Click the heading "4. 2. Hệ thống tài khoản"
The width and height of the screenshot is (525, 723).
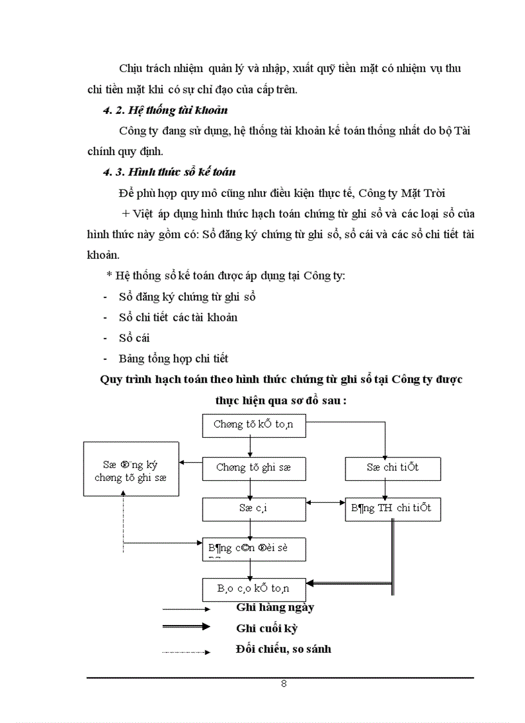click(x=165, y=111)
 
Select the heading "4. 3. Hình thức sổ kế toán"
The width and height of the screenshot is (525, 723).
click(x=169, y=172)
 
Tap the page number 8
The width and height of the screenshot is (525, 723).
click(x=284, y=684)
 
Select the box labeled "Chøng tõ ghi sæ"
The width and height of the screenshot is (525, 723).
click(x=253, y=467)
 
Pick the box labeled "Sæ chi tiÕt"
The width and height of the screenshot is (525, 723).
click(x=392, y=467)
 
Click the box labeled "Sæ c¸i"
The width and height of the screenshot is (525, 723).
click(x=253, y=509)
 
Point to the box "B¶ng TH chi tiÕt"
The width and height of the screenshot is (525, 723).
click(x=392, y=509)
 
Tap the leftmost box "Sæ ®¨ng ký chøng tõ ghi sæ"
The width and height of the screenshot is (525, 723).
click(x=131, y=468)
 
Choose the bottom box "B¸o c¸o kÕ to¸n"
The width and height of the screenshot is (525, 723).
click(x=253, y=588)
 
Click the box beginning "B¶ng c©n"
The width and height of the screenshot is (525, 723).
click(x=253, y=549)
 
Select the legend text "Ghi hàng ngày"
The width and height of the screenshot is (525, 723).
click(x=275, y=607)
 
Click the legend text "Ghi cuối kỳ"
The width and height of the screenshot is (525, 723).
click(x=266, y=628)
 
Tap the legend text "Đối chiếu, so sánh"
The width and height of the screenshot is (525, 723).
click(x=283, y=649)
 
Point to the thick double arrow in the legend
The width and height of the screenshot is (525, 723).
click(x=186, y=626)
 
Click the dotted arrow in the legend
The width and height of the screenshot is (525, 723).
click(x=186, y=652)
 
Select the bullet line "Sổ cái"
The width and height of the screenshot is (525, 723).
click(x=134, y=338)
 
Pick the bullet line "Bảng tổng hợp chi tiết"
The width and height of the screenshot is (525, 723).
click(x=174, y=359)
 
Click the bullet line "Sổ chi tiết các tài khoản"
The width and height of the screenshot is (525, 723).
click(x=178, y=317)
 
